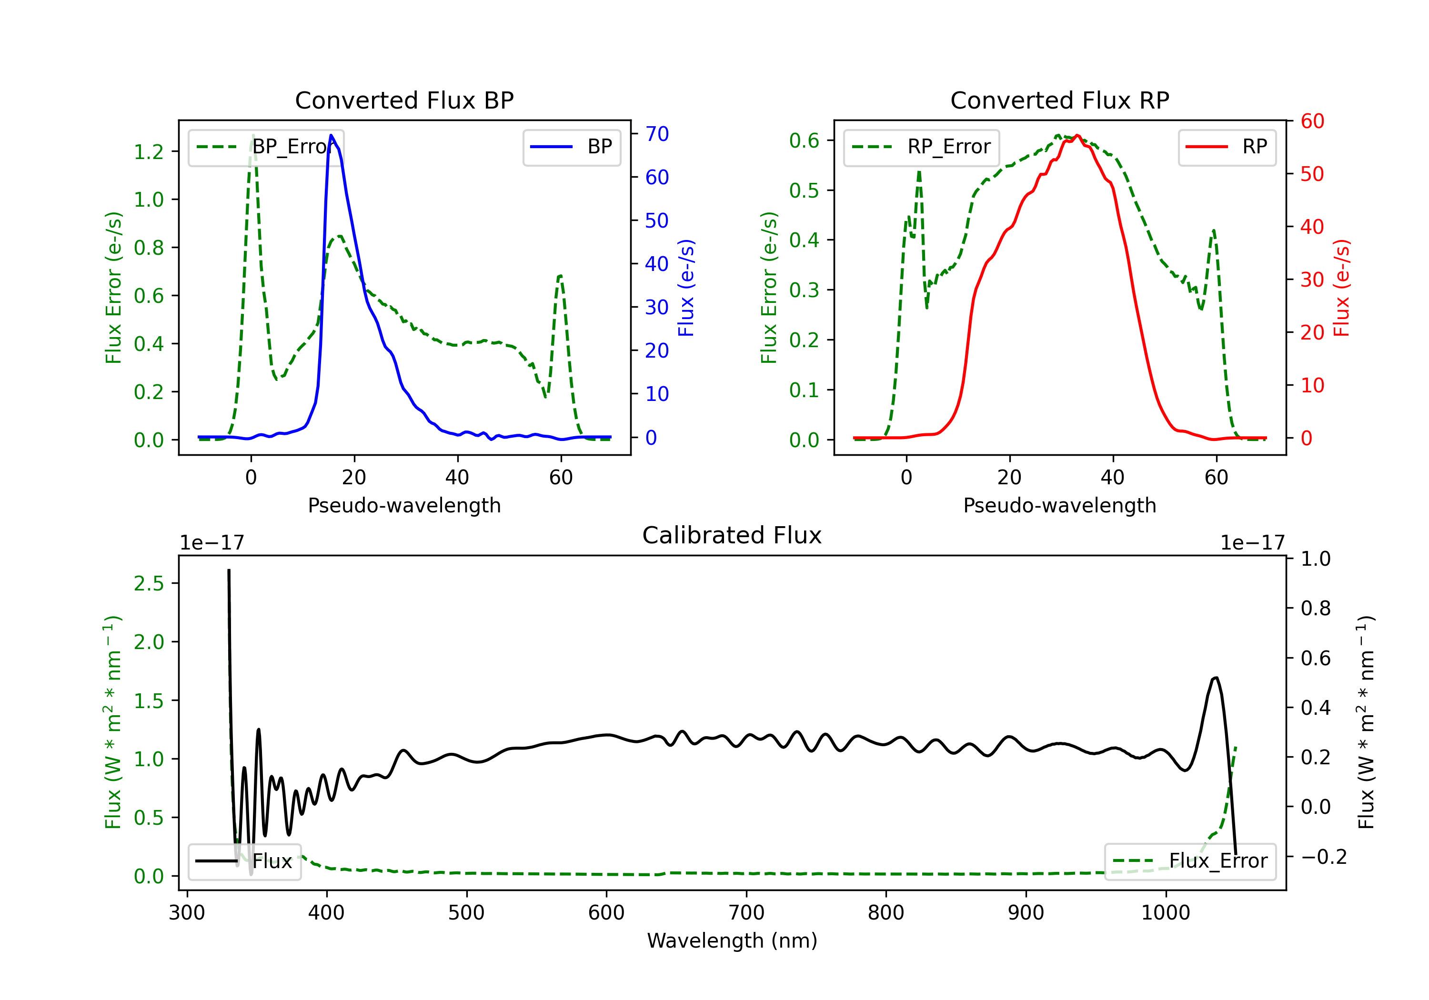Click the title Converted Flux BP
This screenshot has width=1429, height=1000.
point(404,100)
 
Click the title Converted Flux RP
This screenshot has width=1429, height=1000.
point(1059,100)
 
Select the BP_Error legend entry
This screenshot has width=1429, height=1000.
point(266,147)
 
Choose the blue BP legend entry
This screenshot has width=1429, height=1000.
point(571,147)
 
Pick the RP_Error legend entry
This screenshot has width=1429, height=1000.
point(921,147)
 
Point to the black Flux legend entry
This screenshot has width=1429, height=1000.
point(245,861)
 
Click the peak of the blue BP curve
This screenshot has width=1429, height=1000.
point(331,136)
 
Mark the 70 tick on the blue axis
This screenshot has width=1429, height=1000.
point(656,134)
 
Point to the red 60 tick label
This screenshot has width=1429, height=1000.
point(1312,121)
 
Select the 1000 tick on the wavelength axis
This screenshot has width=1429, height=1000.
point(1165,913)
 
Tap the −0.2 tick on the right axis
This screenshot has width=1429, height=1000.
point(1323,857)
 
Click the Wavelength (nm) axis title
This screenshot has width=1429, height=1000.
point(732,940)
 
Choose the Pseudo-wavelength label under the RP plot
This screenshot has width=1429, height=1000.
point(1059,505)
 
